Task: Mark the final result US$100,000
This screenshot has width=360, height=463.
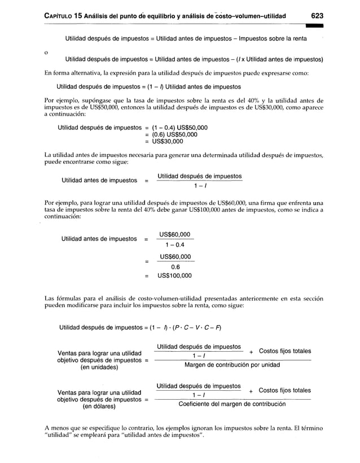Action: pos(174,276)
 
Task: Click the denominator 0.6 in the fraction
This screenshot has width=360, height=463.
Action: pos(175,268)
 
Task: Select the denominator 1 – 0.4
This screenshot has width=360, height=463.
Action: pos(175,244)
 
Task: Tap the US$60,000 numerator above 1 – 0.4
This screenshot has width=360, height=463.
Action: pos(175,234)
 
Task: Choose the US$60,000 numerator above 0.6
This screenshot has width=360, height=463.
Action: pos(175,257)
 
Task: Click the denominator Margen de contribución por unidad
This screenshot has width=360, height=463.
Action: pos(232,365)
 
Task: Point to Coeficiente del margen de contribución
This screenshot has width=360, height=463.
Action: pos(232,404)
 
